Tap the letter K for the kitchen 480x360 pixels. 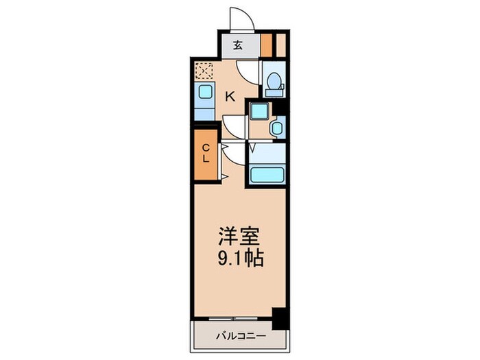pyautogui.click(x=231, y=97)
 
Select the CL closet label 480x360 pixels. pyautogui.click(x=205, y=153)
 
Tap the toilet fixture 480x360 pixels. pyautogui.click(x=274, y=84)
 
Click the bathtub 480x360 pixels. pyautogui.click(x=267, y=173)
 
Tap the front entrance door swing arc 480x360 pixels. pyautogui.click(x=241, y=19)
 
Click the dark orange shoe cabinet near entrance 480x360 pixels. pyautogui.click(x=267, y=45)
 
